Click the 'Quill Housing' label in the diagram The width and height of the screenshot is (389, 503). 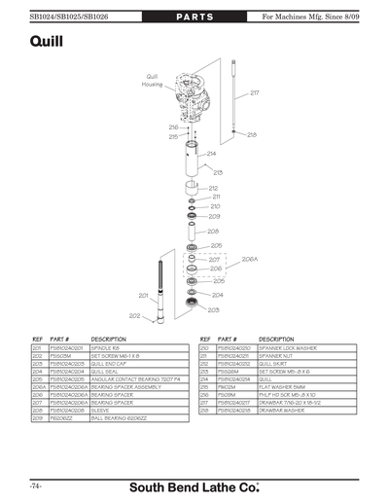tap(152, 80)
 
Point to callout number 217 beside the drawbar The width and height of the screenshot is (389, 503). tap(255, 93)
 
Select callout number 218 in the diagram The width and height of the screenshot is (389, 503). tap(252, 135)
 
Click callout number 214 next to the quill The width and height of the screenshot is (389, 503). tap(211, 154)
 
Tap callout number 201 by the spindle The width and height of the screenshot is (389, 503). tap(142, 295)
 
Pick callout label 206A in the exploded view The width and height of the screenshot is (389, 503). tap(249, 260)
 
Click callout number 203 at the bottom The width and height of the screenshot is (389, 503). tap(214, 308)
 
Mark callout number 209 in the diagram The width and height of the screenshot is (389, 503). tap(214, 217)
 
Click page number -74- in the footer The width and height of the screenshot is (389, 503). tap(35, 484)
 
